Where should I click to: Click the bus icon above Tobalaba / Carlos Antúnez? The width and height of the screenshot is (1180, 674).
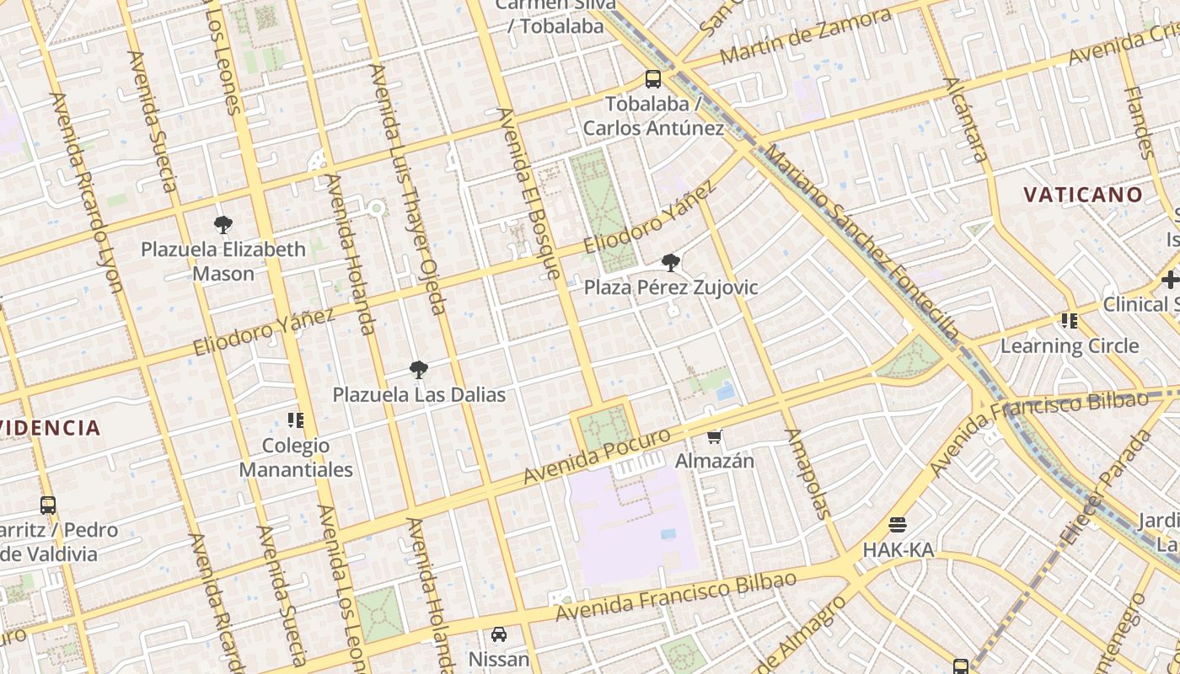[653, 79]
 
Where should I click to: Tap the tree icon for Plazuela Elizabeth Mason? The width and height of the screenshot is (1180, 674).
[223, 225]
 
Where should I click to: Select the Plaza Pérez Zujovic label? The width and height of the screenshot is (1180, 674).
[671, 287]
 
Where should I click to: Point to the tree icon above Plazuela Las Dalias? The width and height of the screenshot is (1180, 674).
[418, 369]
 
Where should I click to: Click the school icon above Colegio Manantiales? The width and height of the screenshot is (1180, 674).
[295, 420]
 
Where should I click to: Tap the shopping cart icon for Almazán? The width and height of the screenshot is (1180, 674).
[715, 436]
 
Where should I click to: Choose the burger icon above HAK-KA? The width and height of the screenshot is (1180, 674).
[898, 525]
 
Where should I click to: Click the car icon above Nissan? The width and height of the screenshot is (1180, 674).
[499, 634]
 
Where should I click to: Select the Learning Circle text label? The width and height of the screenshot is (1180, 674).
[1070, 345]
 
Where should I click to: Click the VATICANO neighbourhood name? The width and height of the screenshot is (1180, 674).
[1083, 195]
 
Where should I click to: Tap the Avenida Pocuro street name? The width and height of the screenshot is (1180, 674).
[597, 456]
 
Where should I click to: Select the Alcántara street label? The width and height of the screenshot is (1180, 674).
[966, 120]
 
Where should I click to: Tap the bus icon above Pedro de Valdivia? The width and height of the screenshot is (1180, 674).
[48, 505]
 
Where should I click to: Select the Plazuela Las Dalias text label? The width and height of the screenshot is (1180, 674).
[419, 394]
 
